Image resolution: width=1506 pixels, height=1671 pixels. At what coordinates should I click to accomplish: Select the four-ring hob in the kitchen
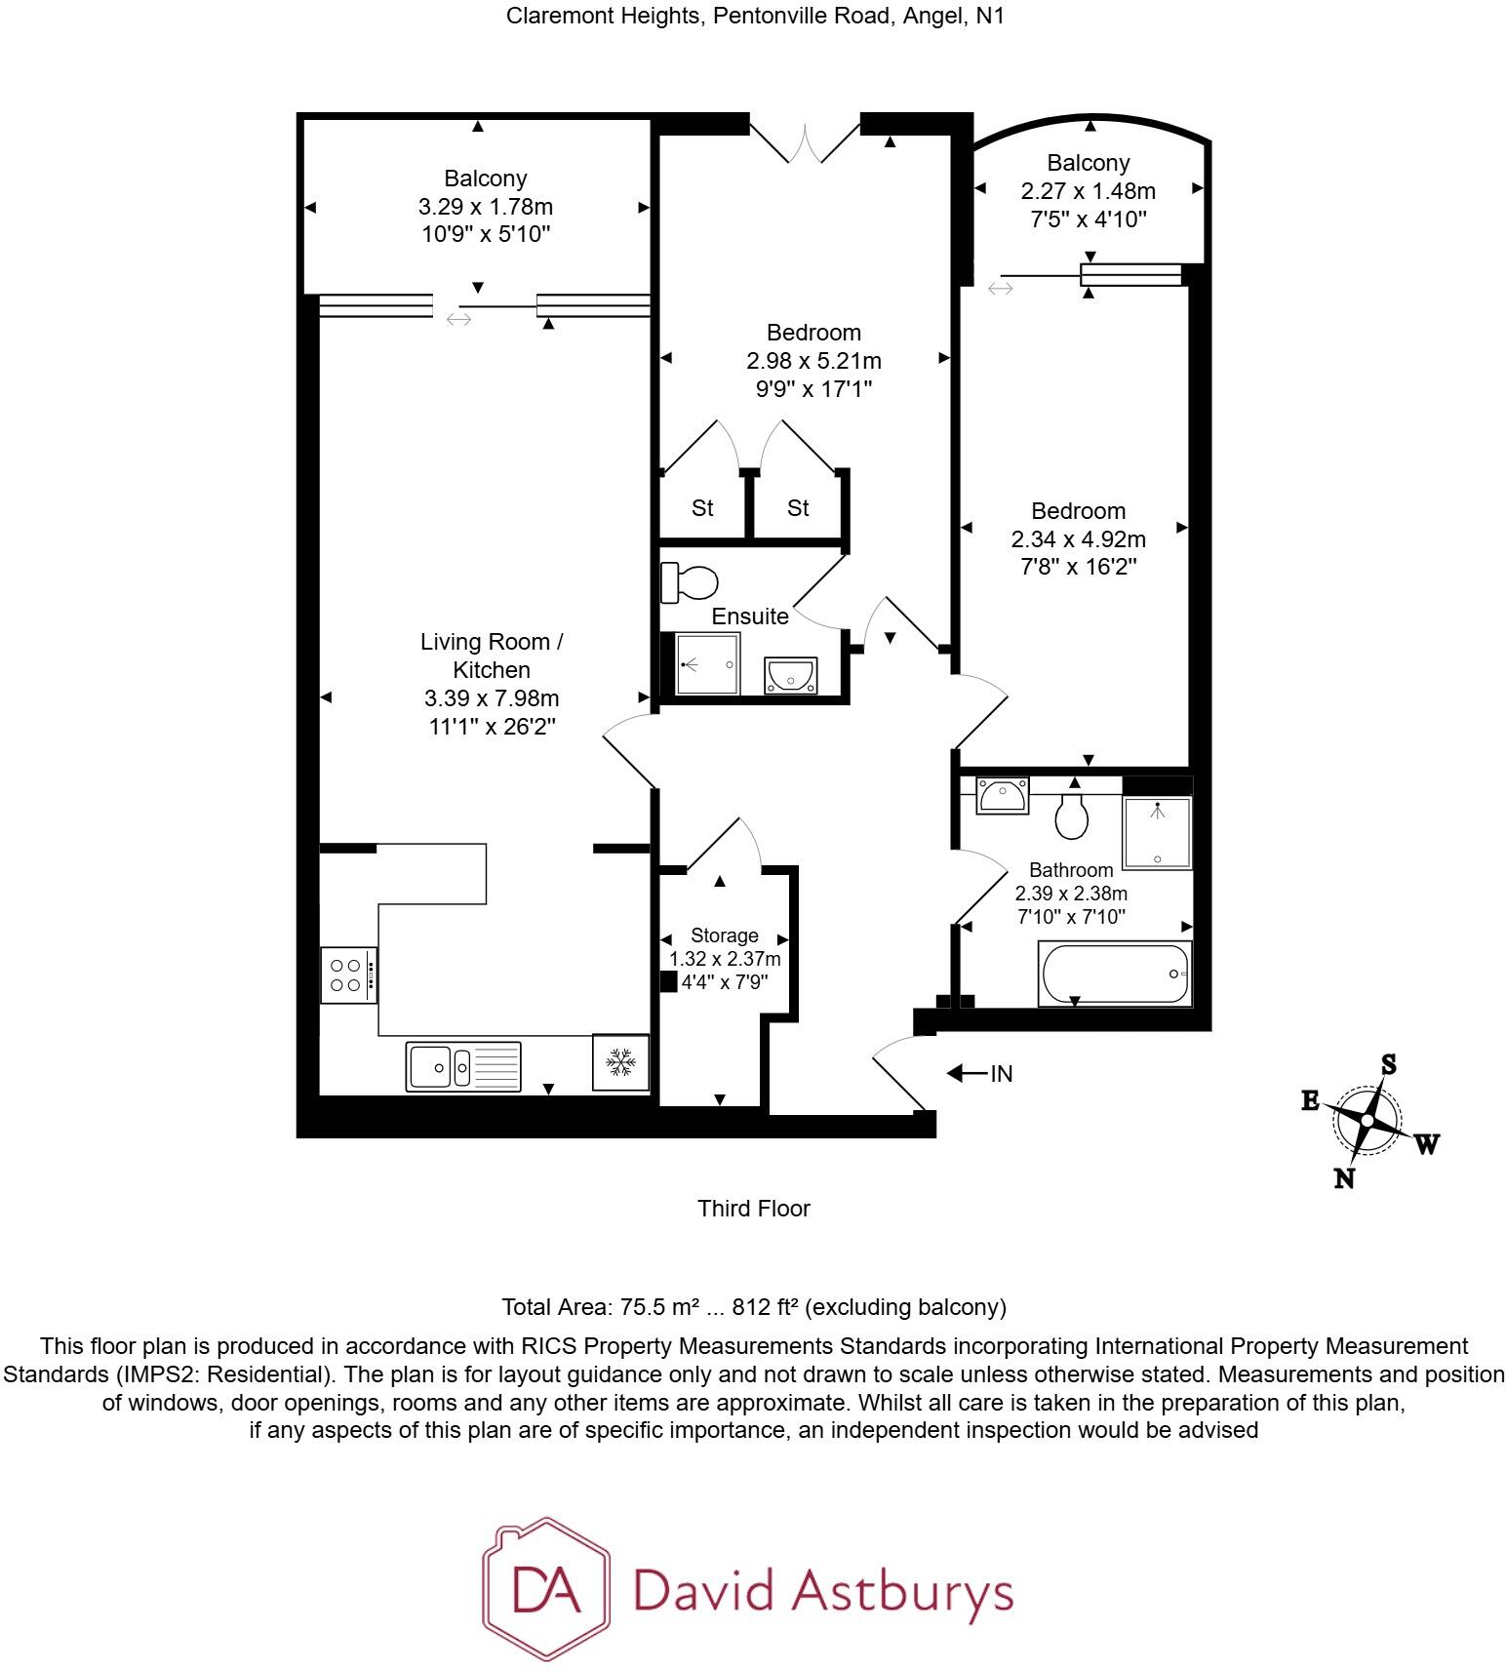pos(348,975)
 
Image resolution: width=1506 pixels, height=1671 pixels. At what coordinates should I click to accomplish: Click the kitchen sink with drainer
pos(463,1065)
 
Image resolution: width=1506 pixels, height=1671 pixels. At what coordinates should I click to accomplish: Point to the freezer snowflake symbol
pos(620,1062)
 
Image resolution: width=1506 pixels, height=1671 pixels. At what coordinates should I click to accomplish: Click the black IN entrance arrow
pos(968,1074)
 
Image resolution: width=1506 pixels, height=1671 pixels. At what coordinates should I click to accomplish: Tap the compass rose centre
pos(1367,1121)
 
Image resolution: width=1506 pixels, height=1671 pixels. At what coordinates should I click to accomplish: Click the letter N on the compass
pos(1344,1178)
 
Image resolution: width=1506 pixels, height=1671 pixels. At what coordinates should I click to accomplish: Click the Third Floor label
pos(754,1209)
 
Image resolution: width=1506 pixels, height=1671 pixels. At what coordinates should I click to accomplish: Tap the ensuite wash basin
pos(790,675)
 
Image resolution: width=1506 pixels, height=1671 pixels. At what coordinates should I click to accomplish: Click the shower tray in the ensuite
pos(707,664)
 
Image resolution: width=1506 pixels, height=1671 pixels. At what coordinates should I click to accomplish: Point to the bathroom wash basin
pos(1002,796)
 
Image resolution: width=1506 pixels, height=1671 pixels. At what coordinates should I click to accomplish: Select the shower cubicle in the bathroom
pos(1157,832)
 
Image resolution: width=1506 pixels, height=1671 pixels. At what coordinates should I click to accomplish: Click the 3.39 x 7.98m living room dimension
pos(492,698)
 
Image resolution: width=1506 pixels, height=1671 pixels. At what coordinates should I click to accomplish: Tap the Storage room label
pos(725,935)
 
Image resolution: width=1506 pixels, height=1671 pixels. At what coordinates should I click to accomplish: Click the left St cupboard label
pos(702,508)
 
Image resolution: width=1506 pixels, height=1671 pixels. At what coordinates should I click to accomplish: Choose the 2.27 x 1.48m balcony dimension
pos(1089,191)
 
